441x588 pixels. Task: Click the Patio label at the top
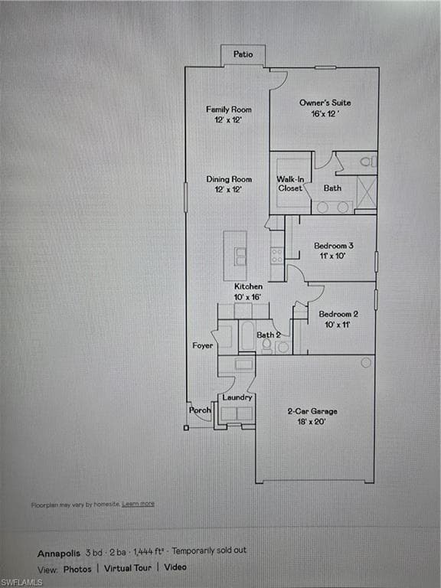pyautogui.click(x=243, y=55)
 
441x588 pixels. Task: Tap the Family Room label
pyautogui.click(x=229, y=109)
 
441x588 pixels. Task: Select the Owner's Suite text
pyautogui.click(x=325, y=103)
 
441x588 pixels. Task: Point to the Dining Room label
pyautogui.click(x=229, y=179)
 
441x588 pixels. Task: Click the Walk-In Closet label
pyautogui.click(x=290, y=183)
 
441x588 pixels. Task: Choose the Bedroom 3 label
pyautogui.click(x=334, y=246)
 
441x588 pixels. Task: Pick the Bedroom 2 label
pyautogui.click(x=338, y=314)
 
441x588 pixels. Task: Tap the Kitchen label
pyautogui.click(x=248, y=286)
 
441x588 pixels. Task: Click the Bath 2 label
pyautogui.click(x=267, y=335)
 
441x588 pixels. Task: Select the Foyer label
pyautogui.click(x=203, y=346)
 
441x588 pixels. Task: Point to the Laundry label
pyautogui.click(x=237, y=397)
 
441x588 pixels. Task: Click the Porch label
pyautogui.click(x=200, y=410)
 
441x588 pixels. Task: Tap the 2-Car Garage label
pyautogui.click(x=312, y=411)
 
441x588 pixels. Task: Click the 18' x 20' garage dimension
pyautogui.click(x=312, y=421)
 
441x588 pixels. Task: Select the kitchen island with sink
pyautogui.click(x=236, y=256)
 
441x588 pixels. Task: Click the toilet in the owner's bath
pyautogui.click(x=367, y=162)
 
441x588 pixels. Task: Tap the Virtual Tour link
pyautogui.click(x=128, y=568)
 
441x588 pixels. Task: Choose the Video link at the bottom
pyautogui.click(x=175, y=568)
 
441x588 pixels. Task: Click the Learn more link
pyautogui.click(x=138, y=504)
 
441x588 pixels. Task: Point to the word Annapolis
pyautogui.click(x=58, y=551)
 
